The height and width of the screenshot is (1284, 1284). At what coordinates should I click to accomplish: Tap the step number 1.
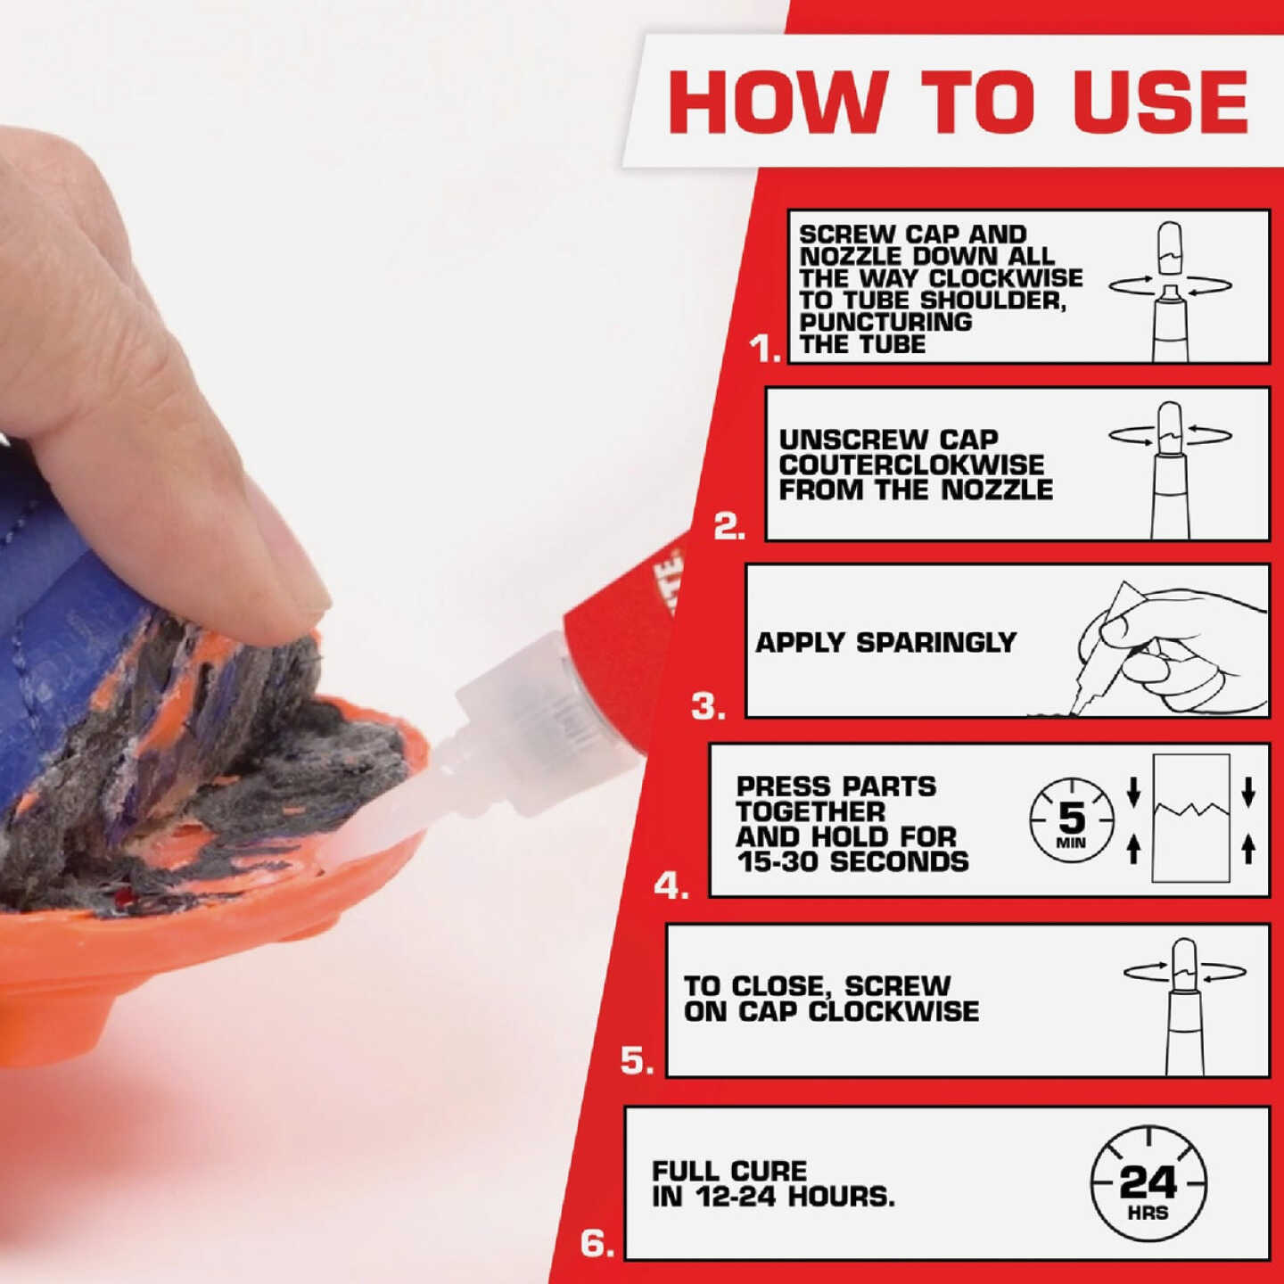click(764, 348)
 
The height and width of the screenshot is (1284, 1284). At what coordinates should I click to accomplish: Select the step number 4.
click(671, 886)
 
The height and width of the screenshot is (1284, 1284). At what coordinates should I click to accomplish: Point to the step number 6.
click(597, 1242)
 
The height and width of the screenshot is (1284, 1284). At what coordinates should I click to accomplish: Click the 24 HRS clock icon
click(1148, 1184)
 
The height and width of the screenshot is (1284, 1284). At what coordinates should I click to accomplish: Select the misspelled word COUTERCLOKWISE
click(911, 465)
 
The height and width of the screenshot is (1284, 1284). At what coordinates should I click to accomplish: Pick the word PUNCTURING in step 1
click(885, 322)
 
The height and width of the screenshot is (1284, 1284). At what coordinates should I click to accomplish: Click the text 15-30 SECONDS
click(852, 861)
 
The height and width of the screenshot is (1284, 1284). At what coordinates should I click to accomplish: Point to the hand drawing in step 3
click(1168, 646)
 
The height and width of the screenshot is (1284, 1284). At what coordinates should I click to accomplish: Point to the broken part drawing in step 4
click(1190, 819)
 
